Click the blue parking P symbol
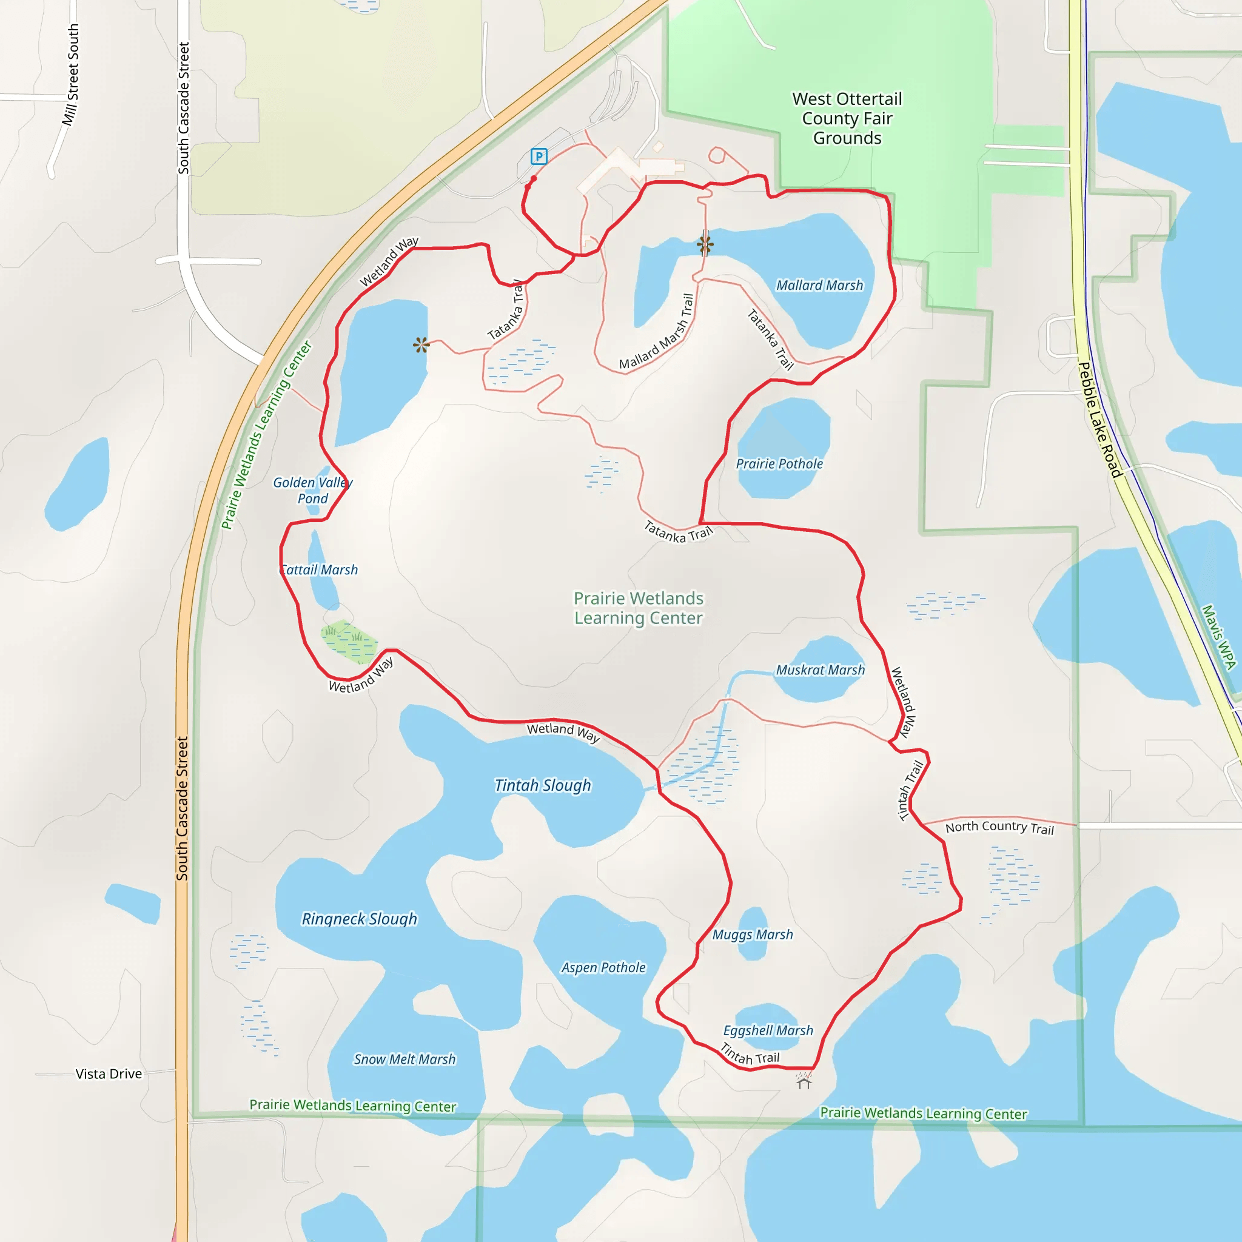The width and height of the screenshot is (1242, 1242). point(539,156)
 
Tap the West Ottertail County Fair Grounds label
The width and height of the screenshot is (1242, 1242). point(847,118)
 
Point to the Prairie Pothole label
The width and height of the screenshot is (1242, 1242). point(779,463)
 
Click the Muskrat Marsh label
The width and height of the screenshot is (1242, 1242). point(821,670)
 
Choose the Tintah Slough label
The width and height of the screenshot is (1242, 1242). point(543,785)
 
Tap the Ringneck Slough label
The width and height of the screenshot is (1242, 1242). point(360,919)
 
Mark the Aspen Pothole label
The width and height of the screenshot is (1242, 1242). point(603,967)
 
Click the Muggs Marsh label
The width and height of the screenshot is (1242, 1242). point(752,935)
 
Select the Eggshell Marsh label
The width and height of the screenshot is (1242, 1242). point(768,1030)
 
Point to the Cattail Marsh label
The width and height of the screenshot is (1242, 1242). point(320,569)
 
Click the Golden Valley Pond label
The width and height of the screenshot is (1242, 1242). point(312,491)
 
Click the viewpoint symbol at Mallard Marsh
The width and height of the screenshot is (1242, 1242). point(705,244)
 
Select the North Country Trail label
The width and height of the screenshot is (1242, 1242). point(999,827)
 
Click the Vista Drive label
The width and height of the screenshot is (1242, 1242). point(109,1073)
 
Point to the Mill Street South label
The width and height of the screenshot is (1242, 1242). point(71,75)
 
